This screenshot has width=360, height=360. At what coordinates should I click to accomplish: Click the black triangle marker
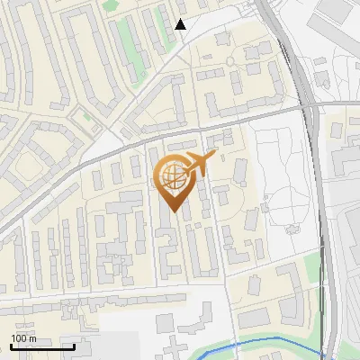click(x=180, y=24)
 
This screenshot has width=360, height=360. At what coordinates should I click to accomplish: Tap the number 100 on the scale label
click(x=20, y=338)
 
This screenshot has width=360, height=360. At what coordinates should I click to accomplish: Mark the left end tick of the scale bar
click(x=11, y=345)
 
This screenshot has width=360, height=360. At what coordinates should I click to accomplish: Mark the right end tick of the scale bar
click(x=74, y=345)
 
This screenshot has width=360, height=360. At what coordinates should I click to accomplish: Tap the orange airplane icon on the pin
click(x=200, y=164)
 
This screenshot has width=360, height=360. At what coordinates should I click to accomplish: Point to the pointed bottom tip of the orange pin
click(x=173, y=211)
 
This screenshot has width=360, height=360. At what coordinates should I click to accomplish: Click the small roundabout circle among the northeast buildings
click(x=229, y=61)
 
